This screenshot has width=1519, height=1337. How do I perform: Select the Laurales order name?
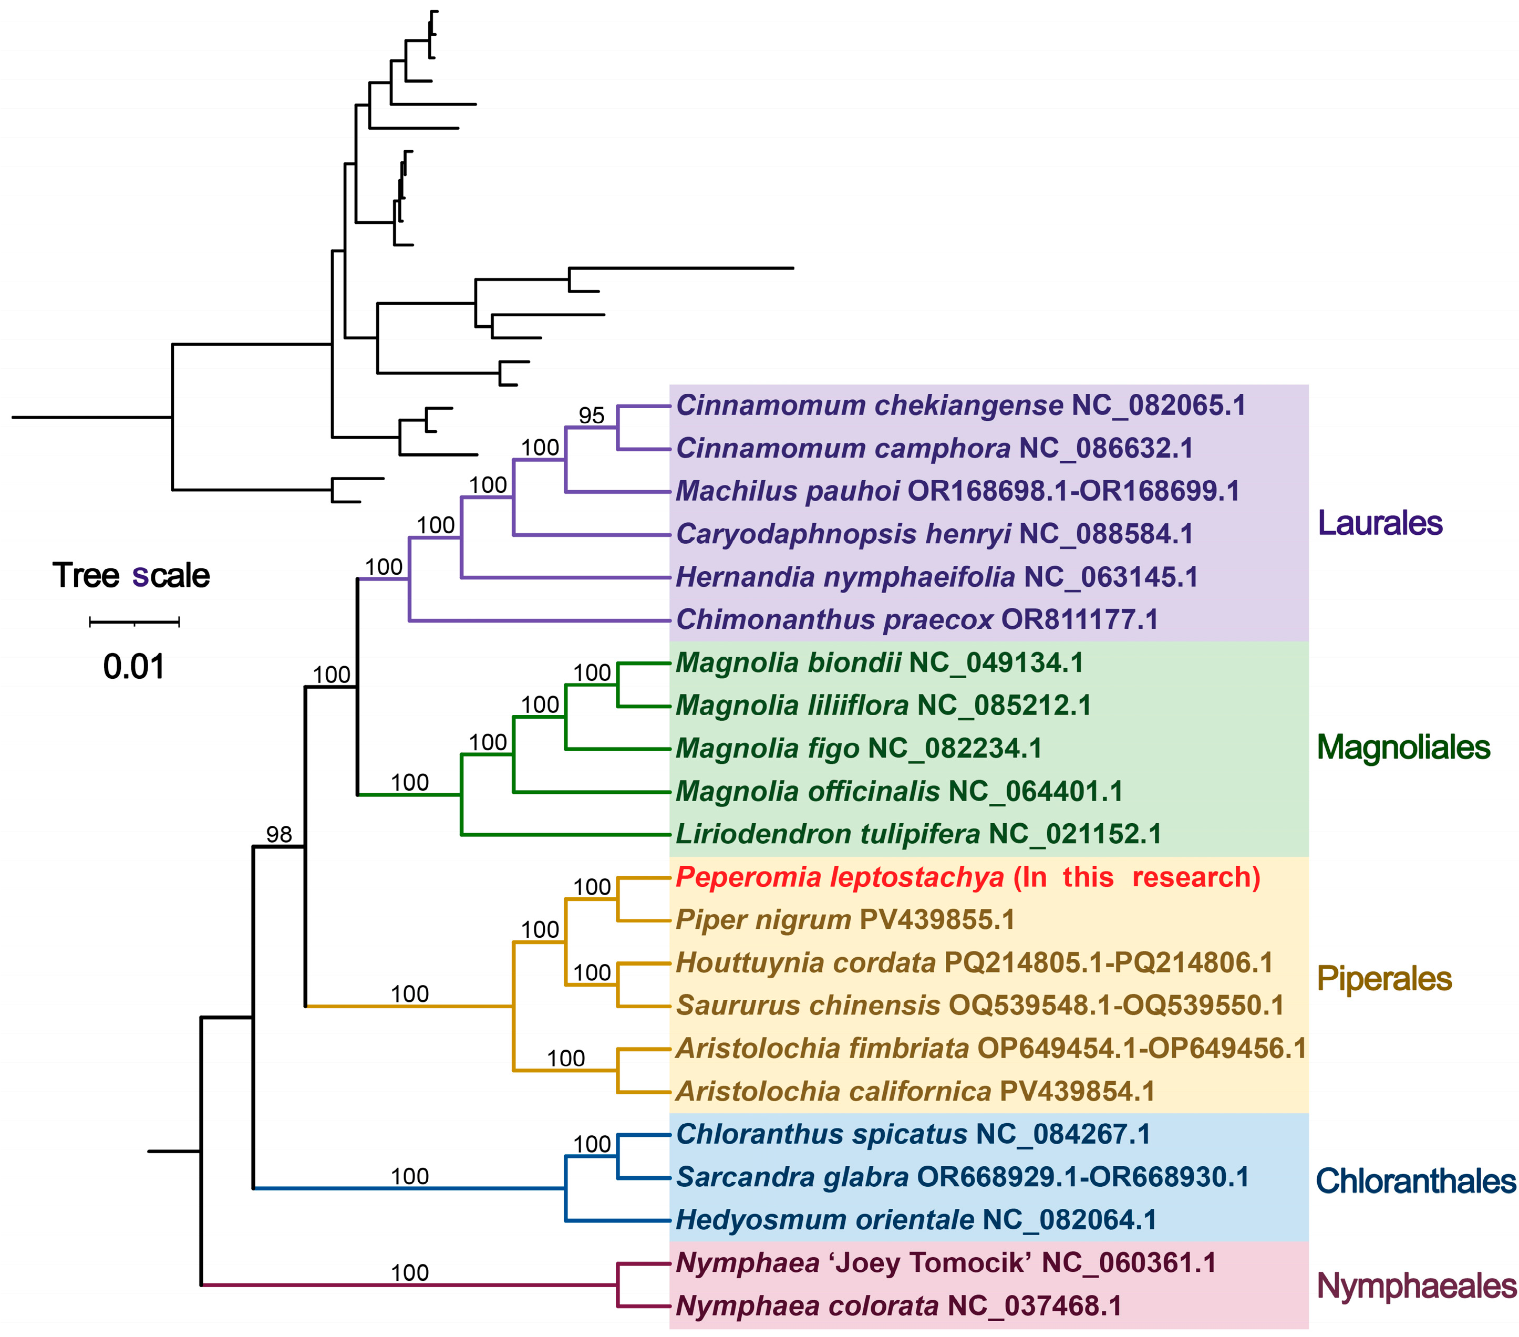tap(1379, 523)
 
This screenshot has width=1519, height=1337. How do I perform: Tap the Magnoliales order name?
tap(1403, 748)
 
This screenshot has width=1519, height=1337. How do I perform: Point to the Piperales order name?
tap(1384, 980)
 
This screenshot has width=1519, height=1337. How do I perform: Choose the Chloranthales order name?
tap(1415, 1181)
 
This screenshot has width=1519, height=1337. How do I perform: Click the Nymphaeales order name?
tap(1415, 1287)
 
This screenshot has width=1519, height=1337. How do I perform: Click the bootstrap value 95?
tap(592, 416)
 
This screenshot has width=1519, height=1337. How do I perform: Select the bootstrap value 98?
tap(280, 835)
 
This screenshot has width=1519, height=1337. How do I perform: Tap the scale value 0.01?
tap(134, 667)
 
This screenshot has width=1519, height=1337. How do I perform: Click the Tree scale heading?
tap(131, 576)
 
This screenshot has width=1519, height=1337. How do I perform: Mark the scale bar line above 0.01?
tap(135, 622)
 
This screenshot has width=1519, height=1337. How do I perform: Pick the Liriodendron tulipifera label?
tap(918, 835)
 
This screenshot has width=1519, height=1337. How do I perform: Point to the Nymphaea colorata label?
tap(898, 1307)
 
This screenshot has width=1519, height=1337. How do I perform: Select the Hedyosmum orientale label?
tap(916, 1220)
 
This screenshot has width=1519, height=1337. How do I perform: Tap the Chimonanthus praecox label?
tap(917, 620)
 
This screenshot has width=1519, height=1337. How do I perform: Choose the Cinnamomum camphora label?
tap(934, 449)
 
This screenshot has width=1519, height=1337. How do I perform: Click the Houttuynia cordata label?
tap(974, 963)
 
